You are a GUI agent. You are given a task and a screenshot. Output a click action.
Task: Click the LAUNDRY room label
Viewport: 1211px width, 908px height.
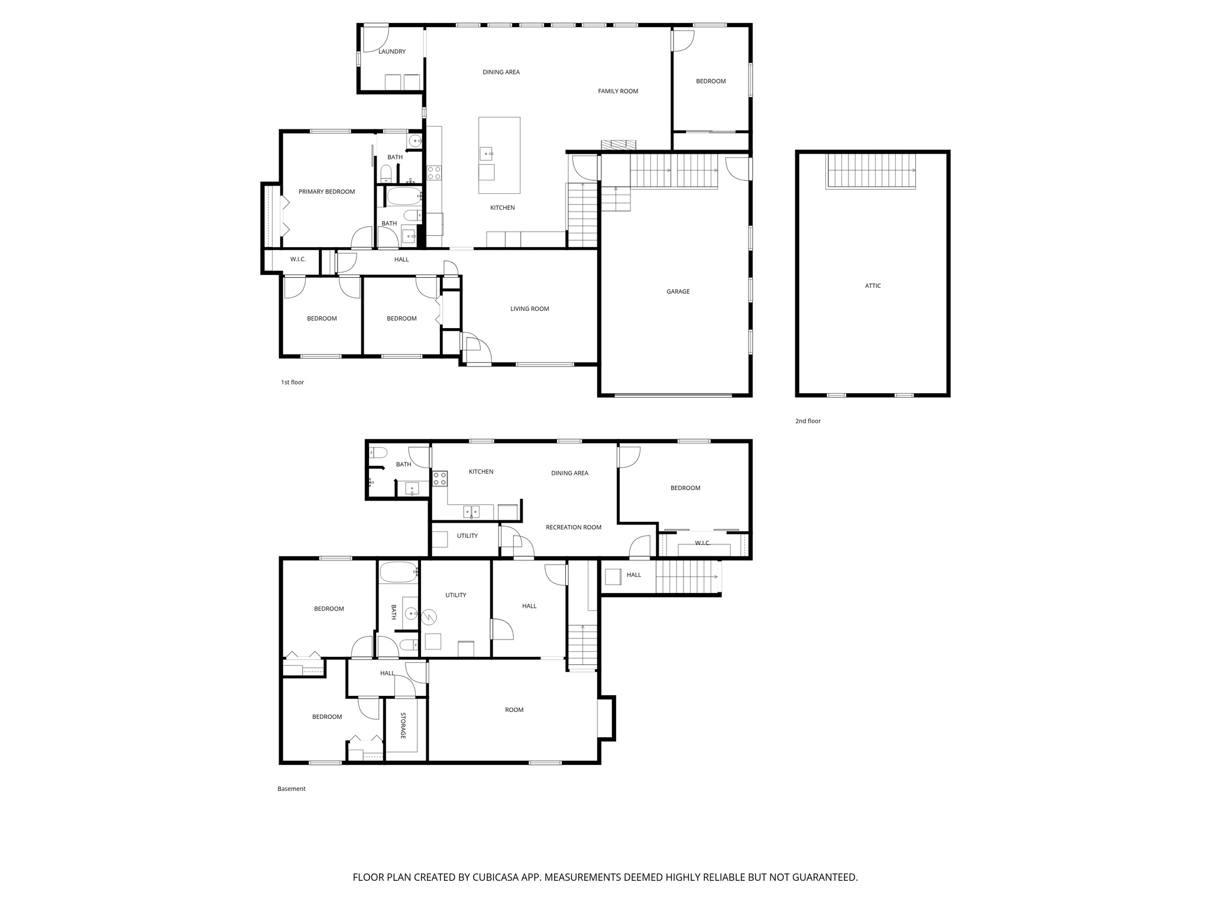(391, 51)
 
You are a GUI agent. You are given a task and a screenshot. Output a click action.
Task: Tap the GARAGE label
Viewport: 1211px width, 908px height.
(678, 291)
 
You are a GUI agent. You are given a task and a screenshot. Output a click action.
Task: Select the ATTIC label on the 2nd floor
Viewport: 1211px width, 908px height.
(872, 286)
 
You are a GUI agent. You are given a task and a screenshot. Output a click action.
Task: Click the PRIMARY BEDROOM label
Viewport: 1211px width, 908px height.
(326, 192)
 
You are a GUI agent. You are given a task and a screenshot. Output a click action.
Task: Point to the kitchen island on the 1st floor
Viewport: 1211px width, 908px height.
(499, 155)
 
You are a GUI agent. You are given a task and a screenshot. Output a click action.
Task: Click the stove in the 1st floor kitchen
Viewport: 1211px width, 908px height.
(434, 173)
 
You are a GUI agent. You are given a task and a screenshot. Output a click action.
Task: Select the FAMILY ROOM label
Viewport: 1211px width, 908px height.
(617, 91)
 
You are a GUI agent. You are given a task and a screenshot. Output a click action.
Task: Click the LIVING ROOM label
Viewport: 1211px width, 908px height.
(529, 309)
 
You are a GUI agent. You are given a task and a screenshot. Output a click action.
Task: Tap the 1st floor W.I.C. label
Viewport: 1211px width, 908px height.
(297, 260)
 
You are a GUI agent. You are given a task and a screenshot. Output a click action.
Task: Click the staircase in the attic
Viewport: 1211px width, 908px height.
(870, 170)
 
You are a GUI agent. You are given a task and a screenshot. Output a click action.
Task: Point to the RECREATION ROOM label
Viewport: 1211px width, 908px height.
(573, 527)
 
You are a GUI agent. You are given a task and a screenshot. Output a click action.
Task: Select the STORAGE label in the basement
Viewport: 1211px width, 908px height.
(403, 725)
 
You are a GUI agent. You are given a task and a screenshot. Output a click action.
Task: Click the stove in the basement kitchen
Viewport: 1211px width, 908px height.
(439, 478)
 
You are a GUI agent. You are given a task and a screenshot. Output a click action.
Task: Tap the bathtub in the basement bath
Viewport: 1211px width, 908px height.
(399, 572)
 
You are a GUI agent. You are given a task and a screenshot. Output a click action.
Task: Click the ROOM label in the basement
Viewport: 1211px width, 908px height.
(514, 710)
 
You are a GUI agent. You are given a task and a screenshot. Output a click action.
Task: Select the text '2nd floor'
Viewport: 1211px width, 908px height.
(808, 421)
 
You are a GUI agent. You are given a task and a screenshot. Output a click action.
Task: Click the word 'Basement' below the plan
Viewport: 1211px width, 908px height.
(291, 789)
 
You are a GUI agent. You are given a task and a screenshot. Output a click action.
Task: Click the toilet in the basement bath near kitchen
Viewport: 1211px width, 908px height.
(379, 453)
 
